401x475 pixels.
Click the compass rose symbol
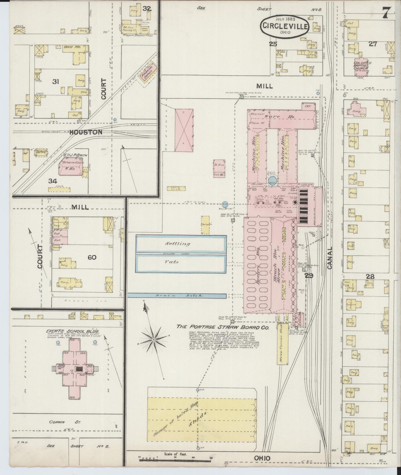click(x=153, y=339)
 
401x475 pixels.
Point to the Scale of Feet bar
click(x=167, y=460)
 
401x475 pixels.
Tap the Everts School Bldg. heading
click(x=73, y=331)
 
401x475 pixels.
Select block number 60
click(x=92, y=257)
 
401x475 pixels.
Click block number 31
click(x=56, y=81)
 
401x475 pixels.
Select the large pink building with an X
click(x=184, y=130)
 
